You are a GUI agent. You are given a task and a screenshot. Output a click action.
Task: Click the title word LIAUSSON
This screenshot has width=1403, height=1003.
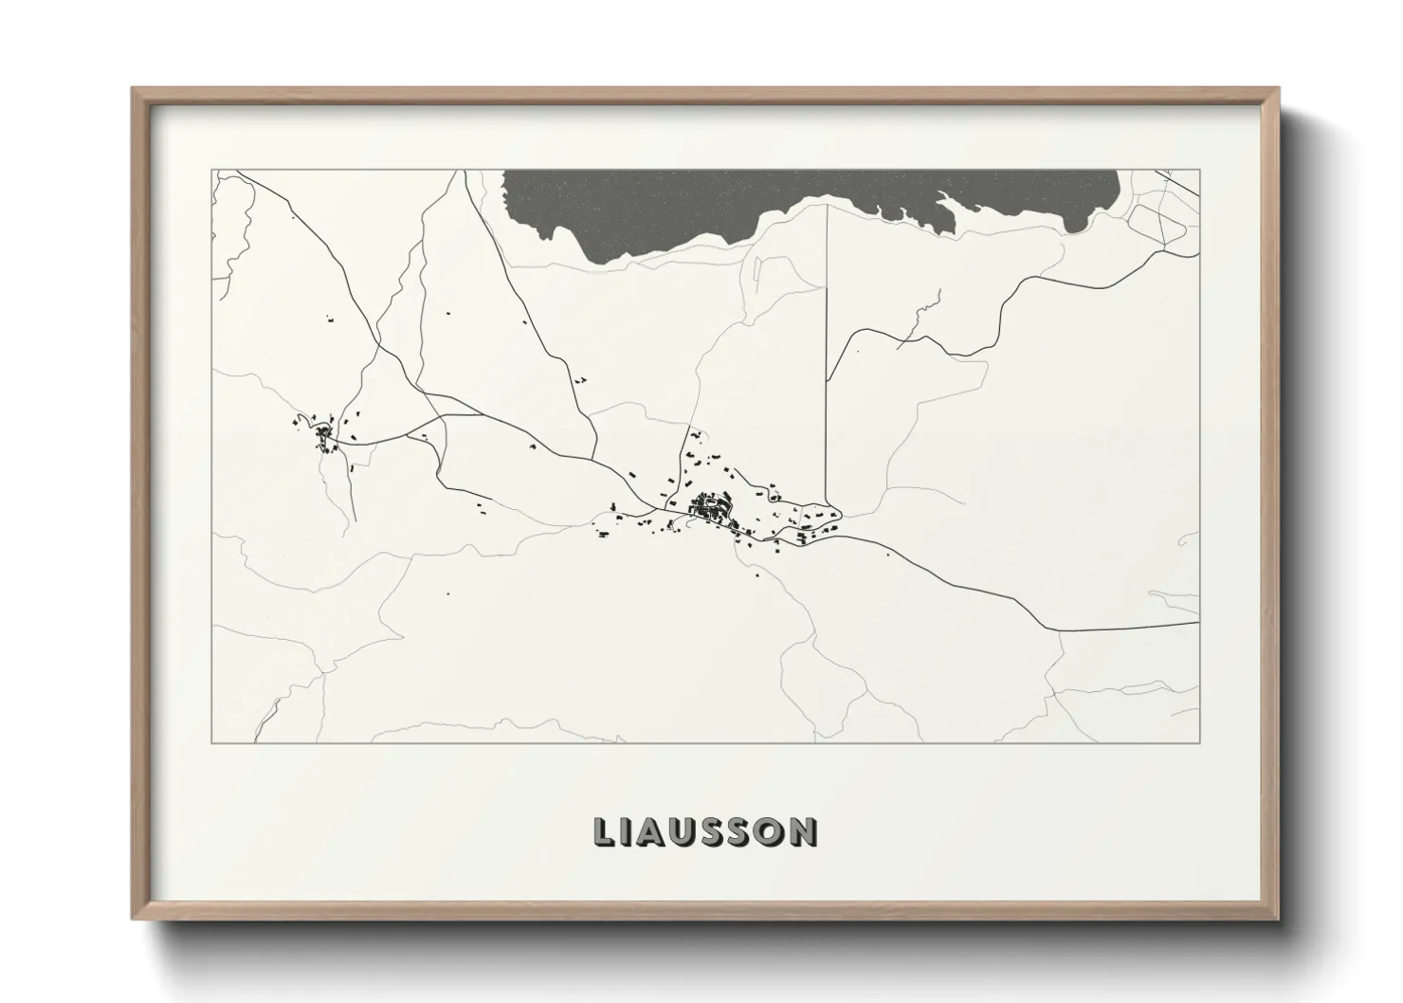click(x=705, y=831)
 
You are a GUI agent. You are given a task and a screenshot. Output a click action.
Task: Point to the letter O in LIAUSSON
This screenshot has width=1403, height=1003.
click(x=773, y=831)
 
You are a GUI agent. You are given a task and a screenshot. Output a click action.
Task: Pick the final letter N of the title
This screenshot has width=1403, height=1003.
click(x=804, y=831)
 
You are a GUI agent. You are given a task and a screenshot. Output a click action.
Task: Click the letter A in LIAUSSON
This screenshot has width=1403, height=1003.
click(x=660, y=831)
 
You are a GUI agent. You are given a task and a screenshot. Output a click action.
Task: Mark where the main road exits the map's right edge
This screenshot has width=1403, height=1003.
click(x=1198, y=623)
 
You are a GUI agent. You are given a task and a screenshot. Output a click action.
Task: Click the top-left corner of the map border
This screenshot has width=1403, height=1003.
click(x=212, y=171)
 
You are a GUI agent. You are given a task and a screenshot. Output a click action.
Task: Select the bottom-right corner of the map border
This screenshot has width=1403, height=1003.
click(x=1199, y=742)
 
